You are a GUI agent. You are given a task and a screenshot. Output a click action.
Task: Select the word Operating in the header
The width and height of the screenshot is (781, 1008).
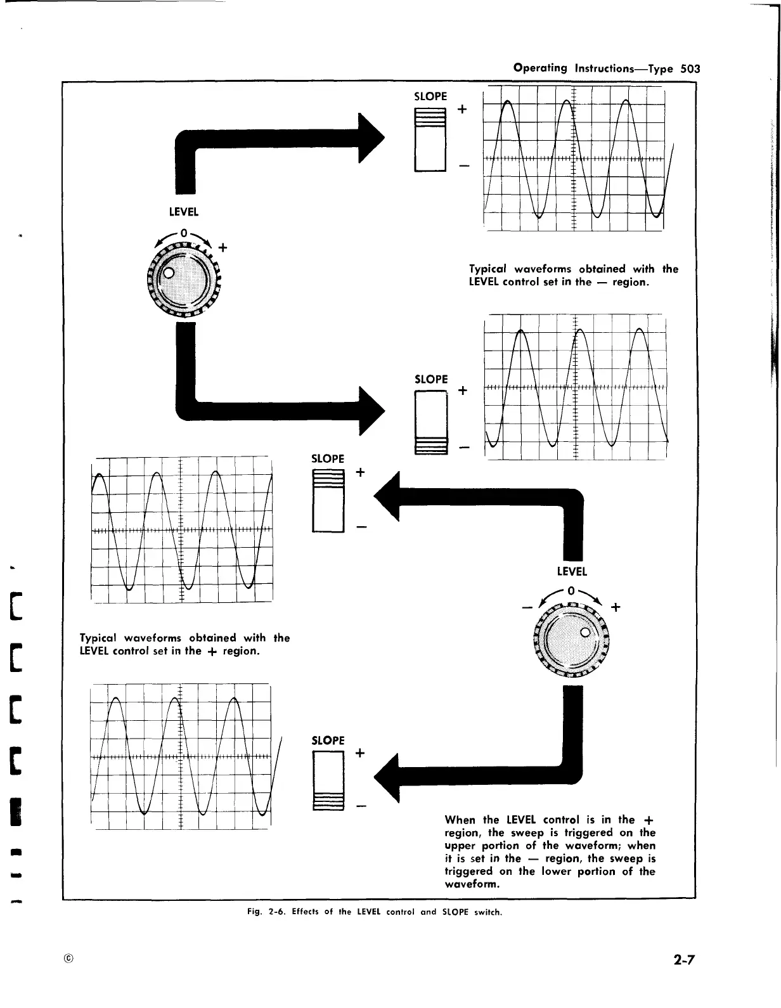click(540, 68)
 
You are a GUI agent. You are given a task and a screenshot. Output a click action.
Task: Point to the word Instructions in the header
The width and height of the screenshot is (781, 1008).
click(613, 68)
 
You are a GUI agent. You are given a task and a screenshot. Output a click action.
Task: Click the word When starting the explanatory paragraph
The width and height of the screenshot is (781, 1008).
click(461, 820)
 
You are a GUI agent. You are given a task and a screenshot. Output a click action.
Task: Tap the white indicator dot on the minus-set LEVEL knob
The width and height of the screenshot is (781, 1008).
click(169, 274)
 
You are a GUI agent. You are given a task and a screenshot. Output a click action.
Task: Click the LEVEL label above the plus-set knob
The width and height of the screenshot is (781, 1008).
click(572, 571)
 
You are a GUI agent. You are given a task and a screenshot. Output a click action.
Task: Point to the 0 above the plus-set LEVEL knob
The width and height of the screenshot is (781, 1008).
click(571, 591)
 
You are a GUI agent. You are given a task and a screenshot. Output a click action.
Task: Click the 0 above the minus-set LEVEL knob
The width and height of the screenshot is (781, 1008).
click(184, 232)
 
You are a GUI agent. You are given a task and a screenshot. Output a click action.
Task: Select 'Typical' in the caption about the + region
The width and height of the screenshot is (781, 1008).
click(100, 638)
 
